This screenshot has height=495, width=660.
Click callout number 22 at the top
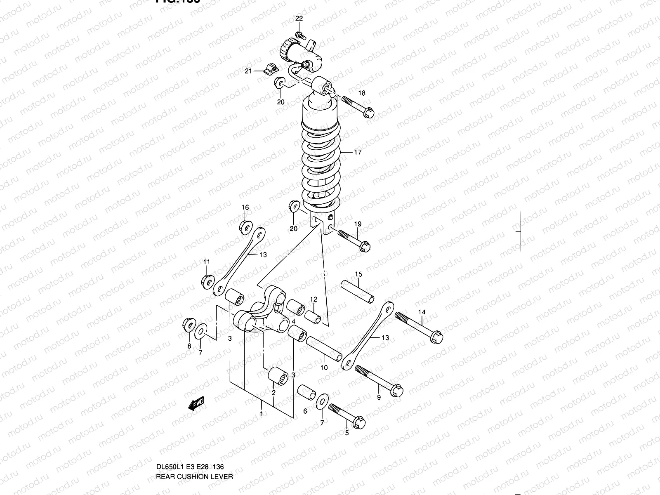coord(299,18)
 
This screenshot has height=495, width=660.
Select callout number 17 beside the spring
coord(357,152)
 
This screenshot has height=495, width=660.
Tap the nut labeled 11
coord(207,282)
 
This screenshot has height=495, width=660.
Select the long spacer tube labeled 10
coord(324,349)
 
